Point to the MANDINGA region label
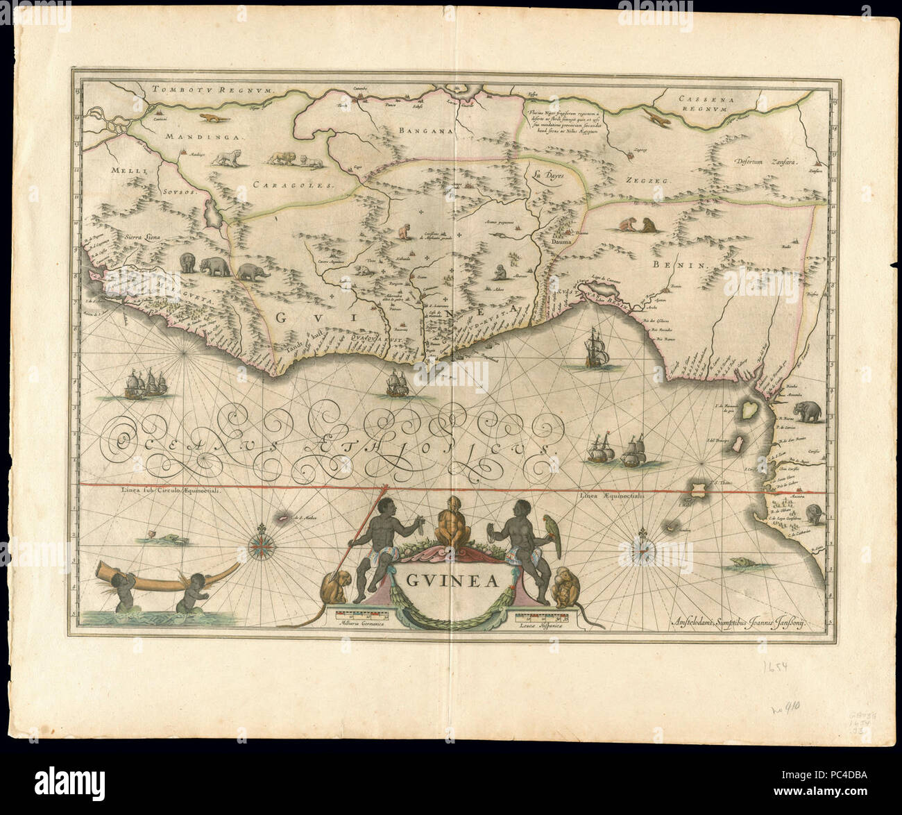click(x=205, y=137)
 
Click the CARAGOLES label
click(x=293, y=185)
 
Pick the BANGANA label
click(x=426, y=130)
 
